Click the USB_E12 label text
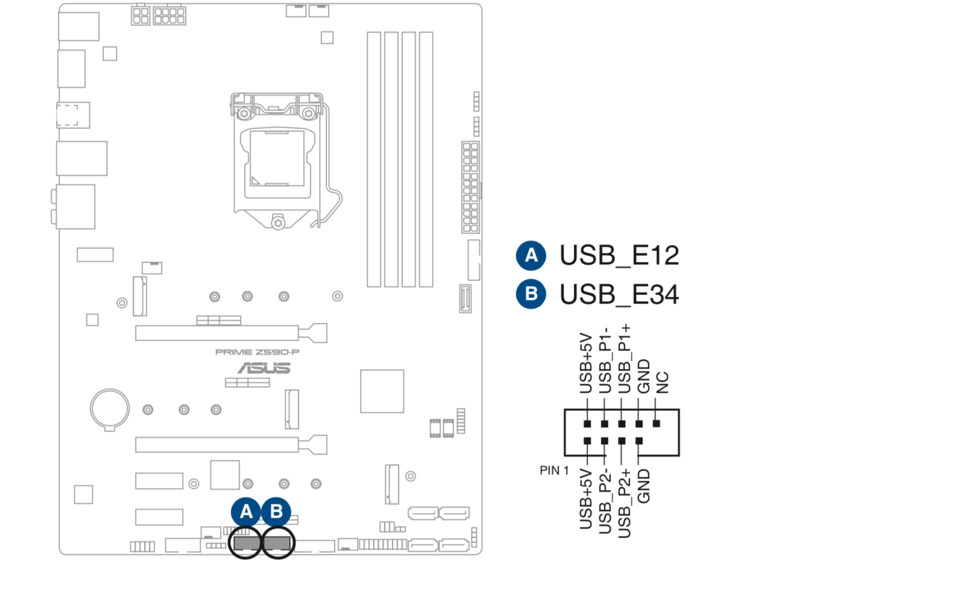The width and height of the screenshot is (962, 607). (619, 256)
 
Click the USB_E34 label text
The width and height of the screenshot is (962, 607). (619, 295)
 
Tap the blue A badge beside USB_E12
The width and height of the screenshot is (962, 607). (531, 255)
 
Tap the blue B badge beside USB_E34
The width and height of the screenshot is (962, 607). (531, 294)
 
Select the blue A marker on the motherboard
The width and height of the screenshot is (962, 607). (246, 512)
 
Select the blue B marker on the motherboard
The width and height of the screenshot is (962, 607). (277, 512)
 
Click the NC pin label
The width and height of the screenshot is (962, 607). (662, 383)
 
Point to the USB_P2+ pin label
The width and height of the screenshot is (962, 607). (624, 503)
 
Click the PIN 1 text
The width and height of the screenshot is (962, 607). (554, 471)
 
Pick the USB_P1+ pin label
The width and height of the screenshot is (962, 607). (624, 359)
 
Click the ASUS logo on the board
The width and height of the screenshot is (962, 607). (264, 367)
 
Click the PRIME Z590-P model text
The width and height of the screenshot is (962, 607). (257, 352)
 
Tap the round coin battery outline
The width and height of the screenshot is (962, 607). (110, 408)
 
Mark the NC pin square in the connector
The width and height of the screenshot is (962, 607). (656, 424)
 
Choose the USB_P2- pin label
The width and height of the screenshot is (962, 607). (605, 501)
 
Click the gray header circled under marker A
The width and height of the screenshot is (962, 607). (245, 542)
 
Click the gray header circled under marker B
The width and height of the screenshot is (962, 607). (277, 542)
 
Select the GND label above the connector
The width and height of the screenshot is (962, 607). (644, 377)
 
